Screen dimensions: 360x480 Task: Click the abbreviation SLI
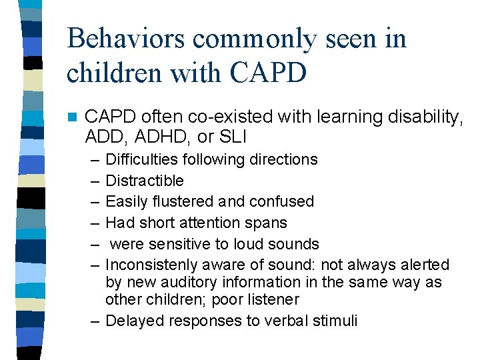[235, 137]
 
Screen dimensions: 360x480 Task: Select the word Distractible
[145, 181]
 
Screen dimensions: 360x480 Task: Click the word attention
[217, 223]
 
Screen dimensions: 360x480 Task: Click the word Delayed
[135, 321]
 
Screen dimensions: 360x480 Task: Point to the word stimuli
[335, 321]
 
